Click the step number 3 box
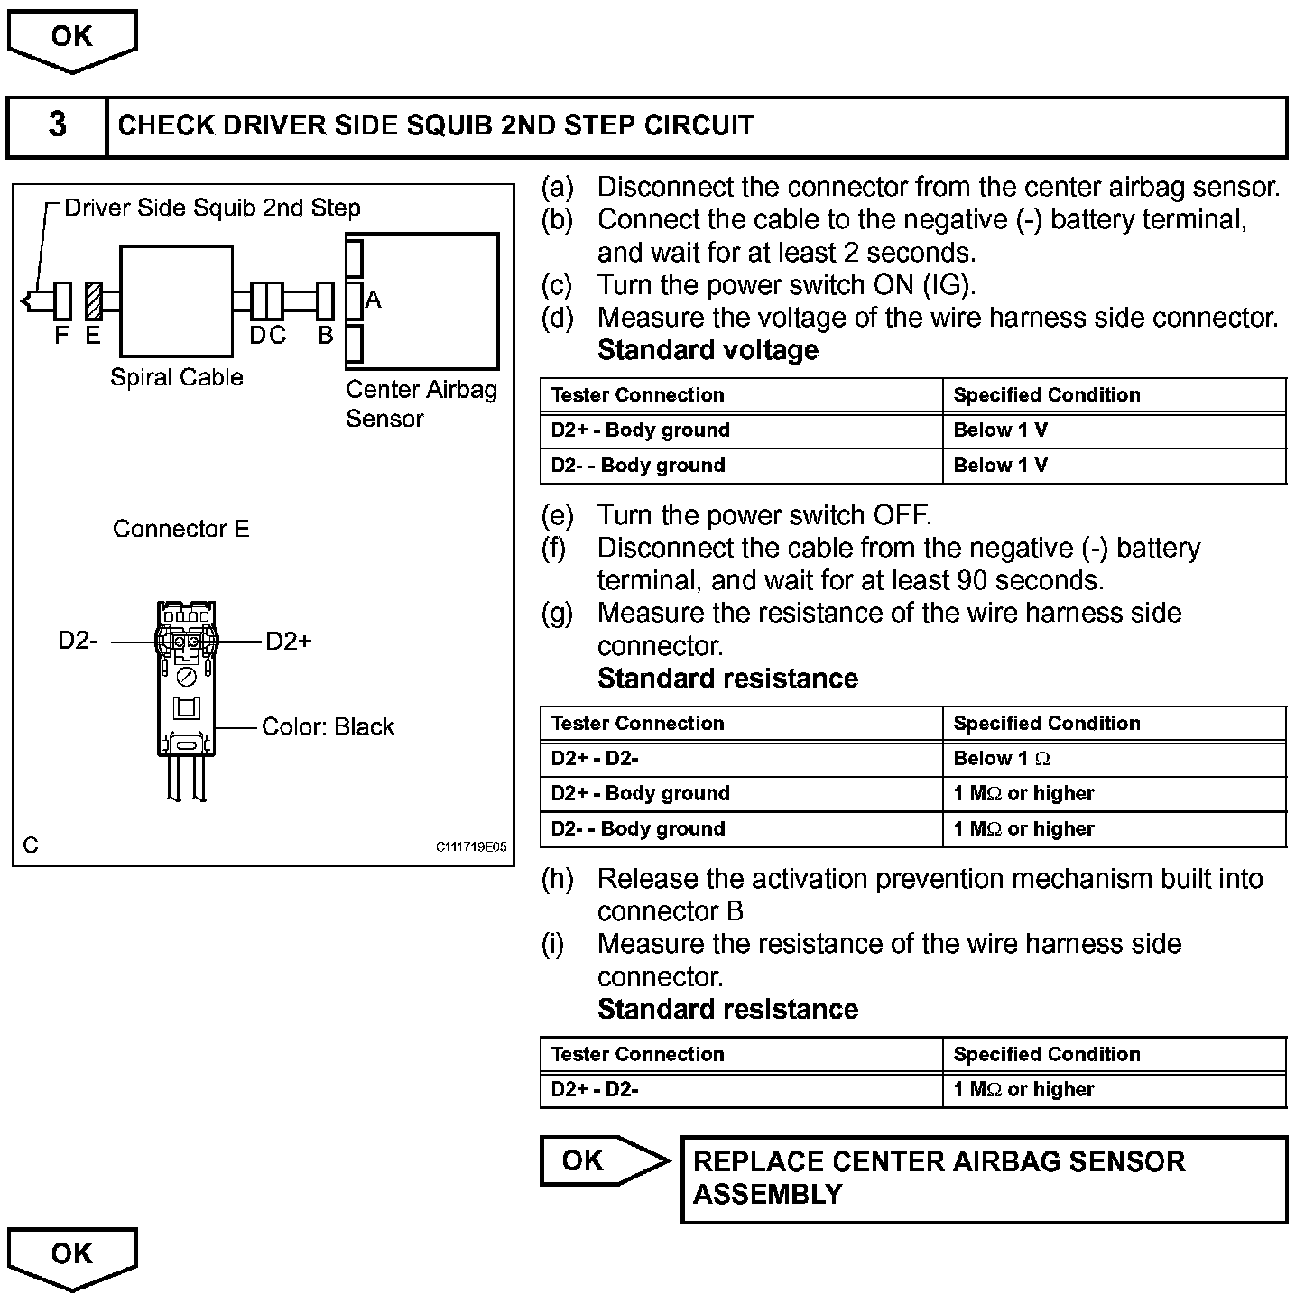point(57,125)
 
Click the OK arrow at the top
point(71,40)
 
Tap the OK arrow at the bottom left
point(71,1256)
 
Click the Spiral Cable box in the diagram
point(176,301)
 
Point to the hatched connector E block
point(93,300)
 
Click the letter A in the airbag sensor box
point(374,300)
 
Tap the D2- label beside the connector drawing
point(78,641)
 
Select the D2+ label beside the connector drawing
point(289,642)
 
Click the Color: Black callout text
point(328,727)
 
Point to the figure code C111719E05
point(471,847)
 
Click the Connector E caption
point(180,529)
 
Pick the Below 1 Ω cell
point(1002,759)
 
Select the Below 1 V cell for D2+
point(1000,430)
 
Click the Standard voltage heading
point(708,350)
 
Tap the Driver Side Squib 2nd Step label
point(212,208)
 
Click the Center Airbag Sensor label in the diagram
point(421,403)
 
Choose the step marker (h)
point(557,879)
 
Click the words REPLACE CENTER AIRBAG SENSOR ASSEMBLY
point(939,1178)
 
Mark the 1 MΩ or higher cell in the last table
point(1023,1090)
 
